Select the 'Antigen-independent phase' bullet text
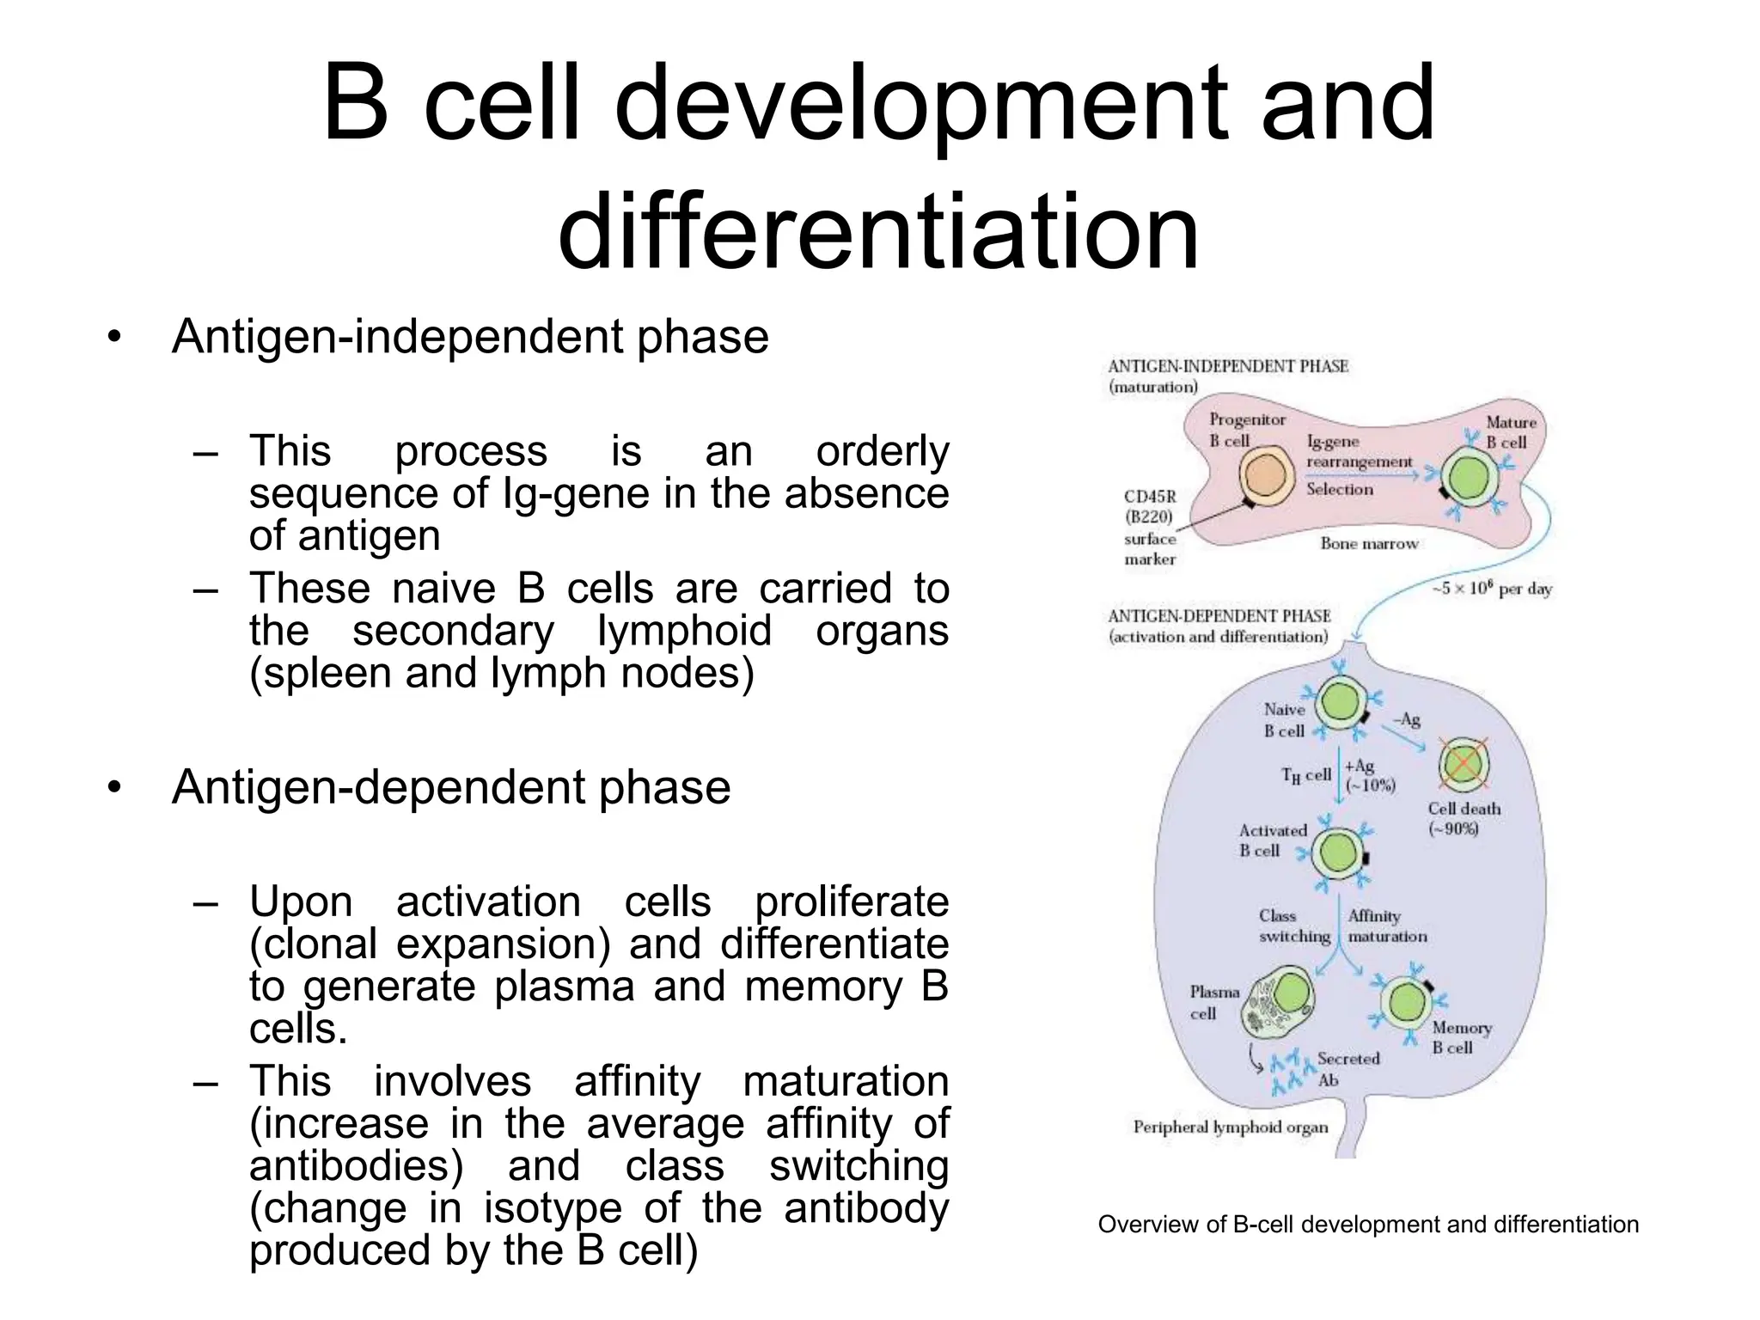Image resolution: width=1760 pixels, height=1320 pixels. (470, 336)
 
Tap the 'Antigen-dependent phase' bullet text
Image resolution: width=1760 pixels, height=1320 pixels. (451, 786)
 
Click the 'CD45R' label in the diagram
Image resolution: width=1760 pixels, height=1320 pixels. (1150, 497)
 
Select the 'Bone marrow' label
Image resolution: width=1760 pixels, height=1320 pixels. (1369, 543)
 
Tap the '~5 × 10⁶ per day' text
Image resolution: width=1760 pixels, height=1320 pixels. (1491, 589)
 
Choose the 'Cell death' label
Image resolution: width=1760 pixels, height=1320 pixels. (1464, 809)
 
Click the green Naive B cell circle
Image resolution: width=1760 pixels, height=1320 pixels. (1339, 702)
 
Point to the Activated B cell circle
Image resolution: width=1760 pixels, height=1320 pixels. (1338, 853)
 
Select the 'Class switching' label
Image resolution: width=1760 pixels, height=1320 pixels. (1293, 926)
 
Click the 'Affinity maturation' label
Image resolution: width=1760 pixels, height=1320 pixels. (1386, 926)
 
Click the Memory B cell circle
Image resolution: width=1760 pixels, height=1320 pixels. (1407, 1002)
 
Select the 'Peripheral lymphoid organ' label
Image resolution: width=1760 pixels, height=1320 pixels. (1230, 1127)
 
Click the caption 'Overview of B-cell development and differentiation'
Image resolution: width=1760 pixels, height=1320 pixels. (1368, 1224)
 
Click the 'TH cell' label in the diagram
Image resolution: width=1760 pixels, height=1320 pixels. (1305, 775)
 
